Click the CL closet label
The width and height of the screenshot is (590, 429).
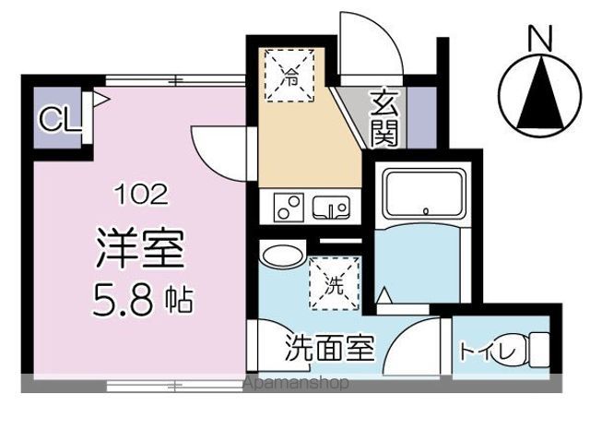tap(56, 119)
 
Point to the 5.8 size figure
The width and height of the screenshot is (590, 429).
tap(123, 300)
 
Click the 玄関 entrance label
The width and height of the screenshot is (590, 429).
tap(385, 117)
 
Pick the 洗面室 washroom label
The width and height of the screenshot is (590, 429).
tap(329, 350)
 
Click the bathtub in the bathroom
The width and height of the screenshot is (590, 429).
tap(419, 193)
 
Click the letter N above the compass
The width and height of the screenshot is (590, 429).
tap(538, 38)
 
